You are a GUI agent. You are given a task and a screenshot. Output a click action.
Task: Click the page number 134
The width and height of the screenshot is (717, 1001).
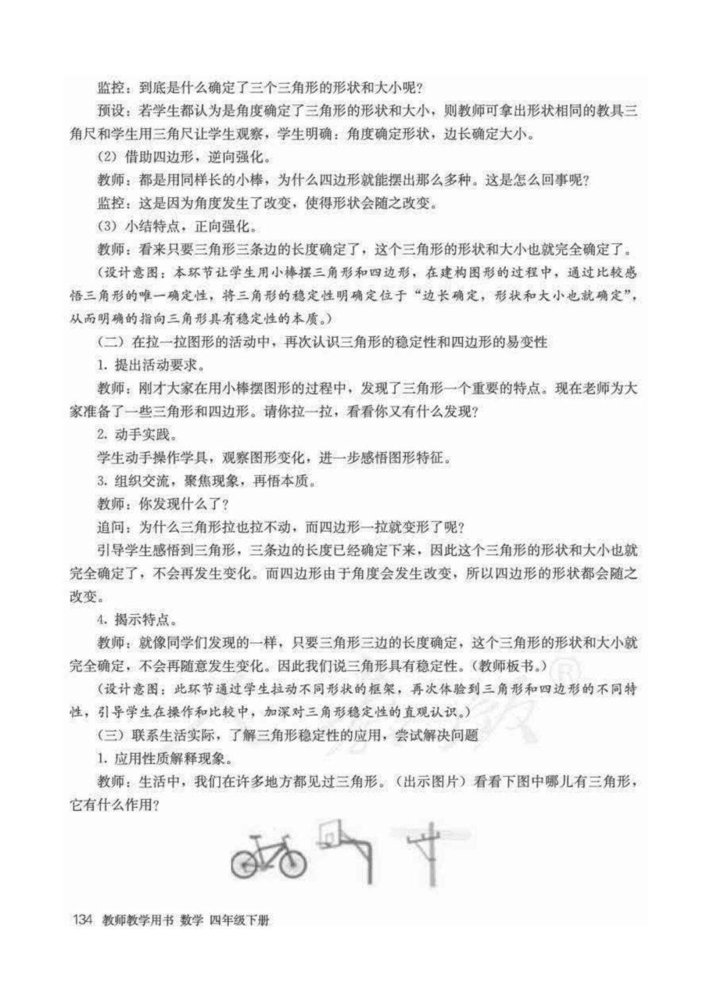(x=81, y=921)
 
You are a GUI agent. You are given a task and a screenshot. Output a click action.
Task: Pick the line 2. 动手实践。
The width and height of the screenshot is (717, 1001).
(x=137, y=435)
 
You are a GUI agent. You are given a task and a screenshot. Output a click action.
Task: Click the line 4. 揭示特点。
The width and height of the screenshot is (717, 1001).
(x=137, y=620)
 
